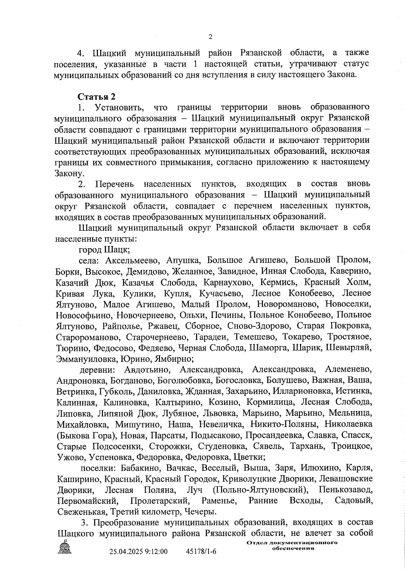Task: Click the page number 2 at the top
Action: tap(210, 37)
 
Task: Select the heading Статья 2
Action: tap(97, 97)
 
